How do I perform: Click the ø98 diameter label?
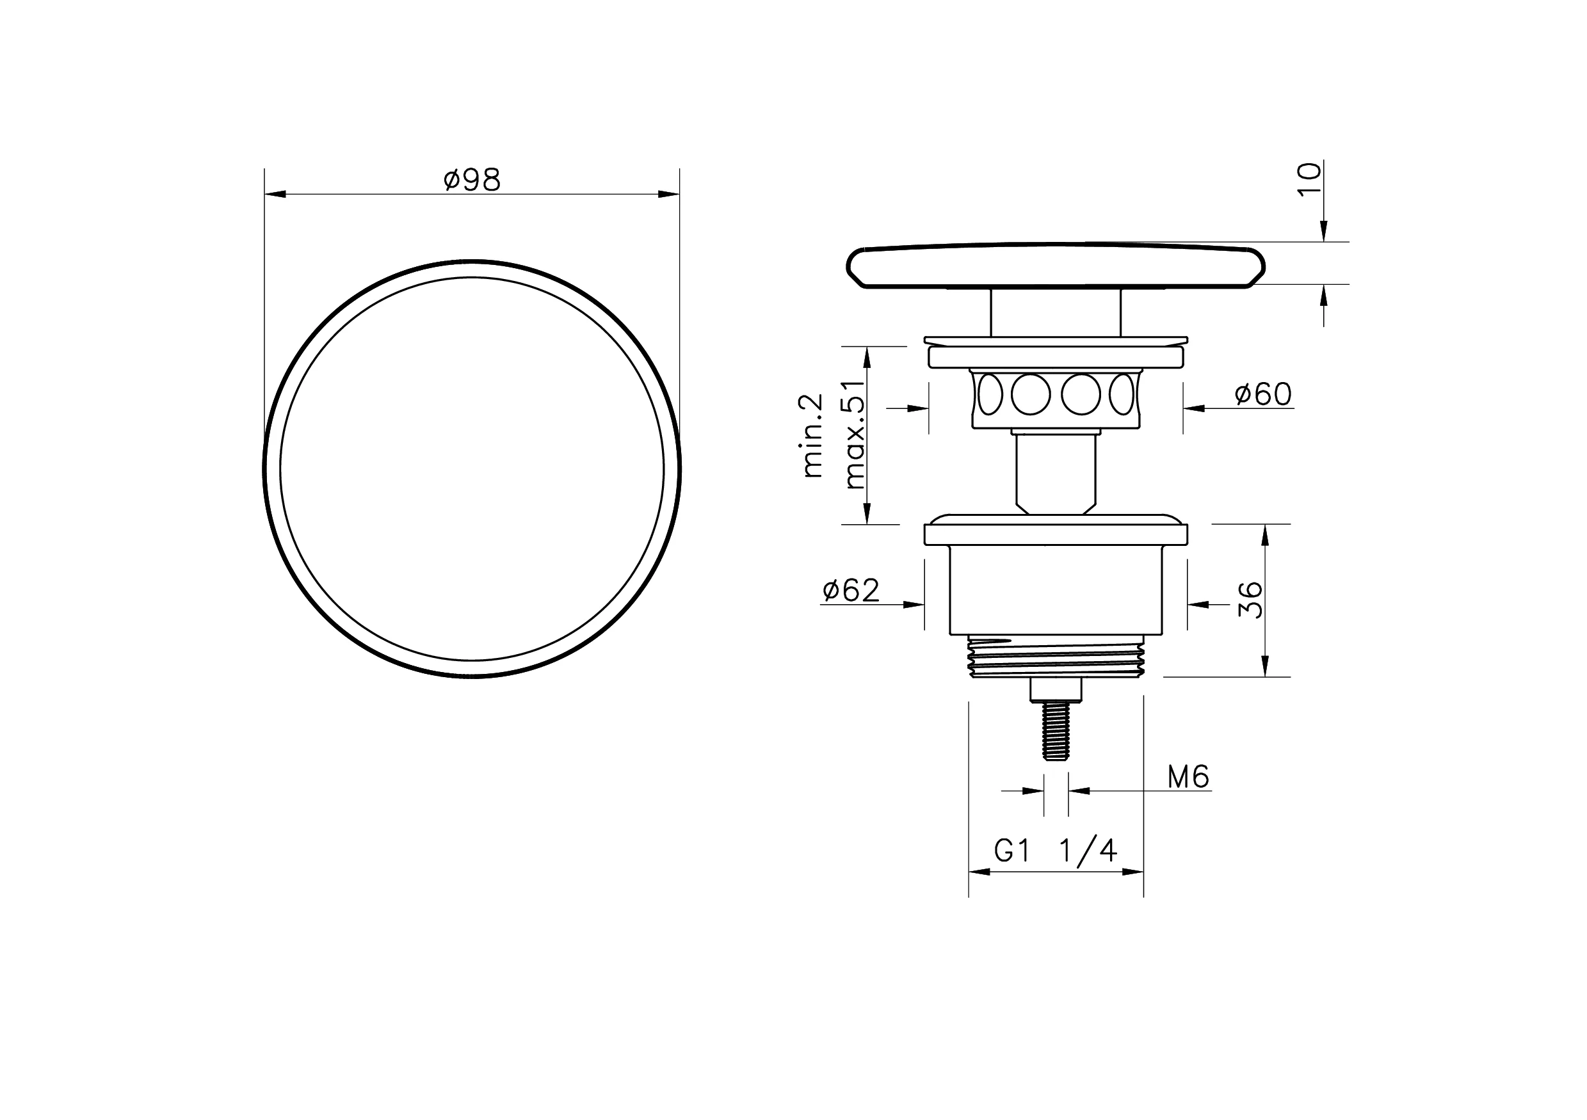(472, 180)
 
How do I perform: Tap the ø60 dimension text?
(1263, 394)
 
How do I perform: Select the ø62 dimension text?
(851, 591)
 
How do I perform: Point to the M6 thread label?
(1188, 778)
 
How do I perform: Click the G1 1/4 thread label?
(1056, 851)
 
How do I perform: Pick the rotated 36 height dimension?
(1250, 600)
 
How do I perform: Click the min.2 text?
(814, 436)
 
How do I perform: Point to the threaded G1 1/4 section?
(1056, 657)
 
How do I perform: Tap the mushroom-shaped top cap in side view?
(1056, 266)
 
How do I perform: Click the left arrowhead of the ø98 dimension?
(275, 194)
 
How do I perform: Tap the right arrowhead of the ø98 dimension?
(669, 194)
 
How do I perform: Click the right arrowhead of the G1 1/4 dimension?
(1134, 872)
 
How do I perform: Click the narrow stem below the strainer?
(1056, 474)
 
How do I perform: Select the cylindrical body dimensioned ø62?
(1056, 591)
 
